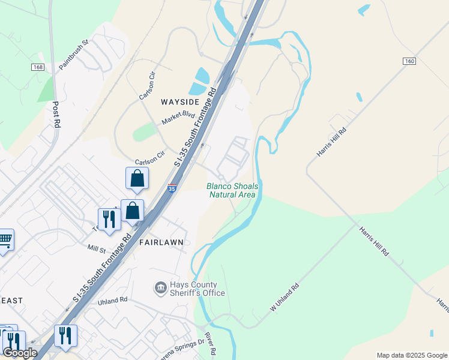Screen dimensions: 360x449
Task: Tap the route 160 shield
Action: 409,61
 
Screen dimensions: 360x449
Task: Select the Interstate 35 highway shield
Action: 172,188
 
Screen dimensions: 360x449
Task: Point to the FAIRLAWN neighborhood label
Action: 161,242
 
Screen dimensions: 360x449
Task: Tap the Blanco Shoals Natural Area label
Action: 232,190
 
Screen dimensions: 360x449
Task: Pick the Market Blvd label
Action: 178,118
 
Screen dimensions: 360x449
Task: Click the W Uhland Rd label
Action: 285,298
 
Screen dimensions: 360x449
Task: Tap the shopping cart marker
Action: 5,240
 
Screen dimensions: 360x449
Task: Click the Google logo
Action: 20,353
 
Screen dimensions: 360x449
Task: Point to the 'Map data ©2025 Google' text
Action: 412,355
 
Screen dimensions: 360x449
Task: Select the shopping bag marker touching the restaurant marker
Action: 132,211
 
